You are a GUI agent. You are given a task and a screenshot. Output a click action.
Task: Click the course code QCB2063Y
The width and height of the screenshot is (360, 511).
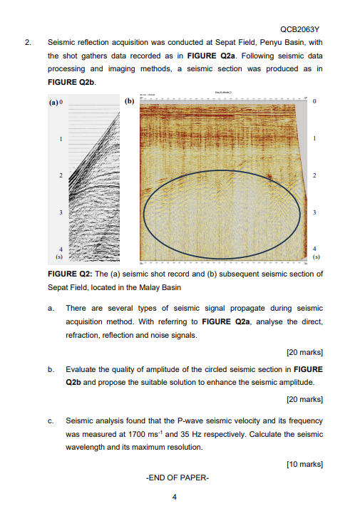[299, 29]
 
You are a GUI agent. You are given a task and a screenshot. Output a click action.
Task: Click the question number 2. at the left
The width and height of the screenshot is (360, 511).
[28, 43]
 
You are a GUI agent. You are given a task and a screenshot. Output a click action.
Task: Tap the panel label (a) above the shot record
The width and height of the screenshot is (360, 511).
[53, 102]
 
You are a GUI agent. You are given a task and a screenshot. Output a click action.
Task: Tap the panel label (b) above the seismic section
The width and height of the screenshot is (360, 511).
[130, 102]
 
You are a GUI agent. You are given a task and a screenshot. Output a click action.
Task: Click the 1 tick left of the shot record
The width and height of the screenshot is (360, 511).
[61, 138]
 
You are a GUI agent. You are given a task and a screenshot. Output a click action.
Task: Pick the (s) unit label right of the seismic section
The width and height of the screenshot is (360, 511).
[315, 254]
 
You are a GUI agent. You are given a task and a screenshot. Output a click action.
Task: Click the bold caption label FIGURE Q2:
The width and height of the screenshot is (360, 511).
[69, 274]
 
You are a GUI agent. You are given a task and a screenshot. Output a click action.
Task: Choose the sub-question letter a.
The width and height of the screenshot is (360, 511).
[50, 308]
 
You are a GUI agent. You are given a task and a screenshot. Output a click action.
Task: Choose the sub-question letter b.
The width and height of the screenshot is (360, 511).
[50, 370]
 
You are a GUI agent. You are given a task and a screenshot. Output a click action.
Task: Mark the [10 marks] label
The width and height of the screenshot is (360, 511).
[304, 464]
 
